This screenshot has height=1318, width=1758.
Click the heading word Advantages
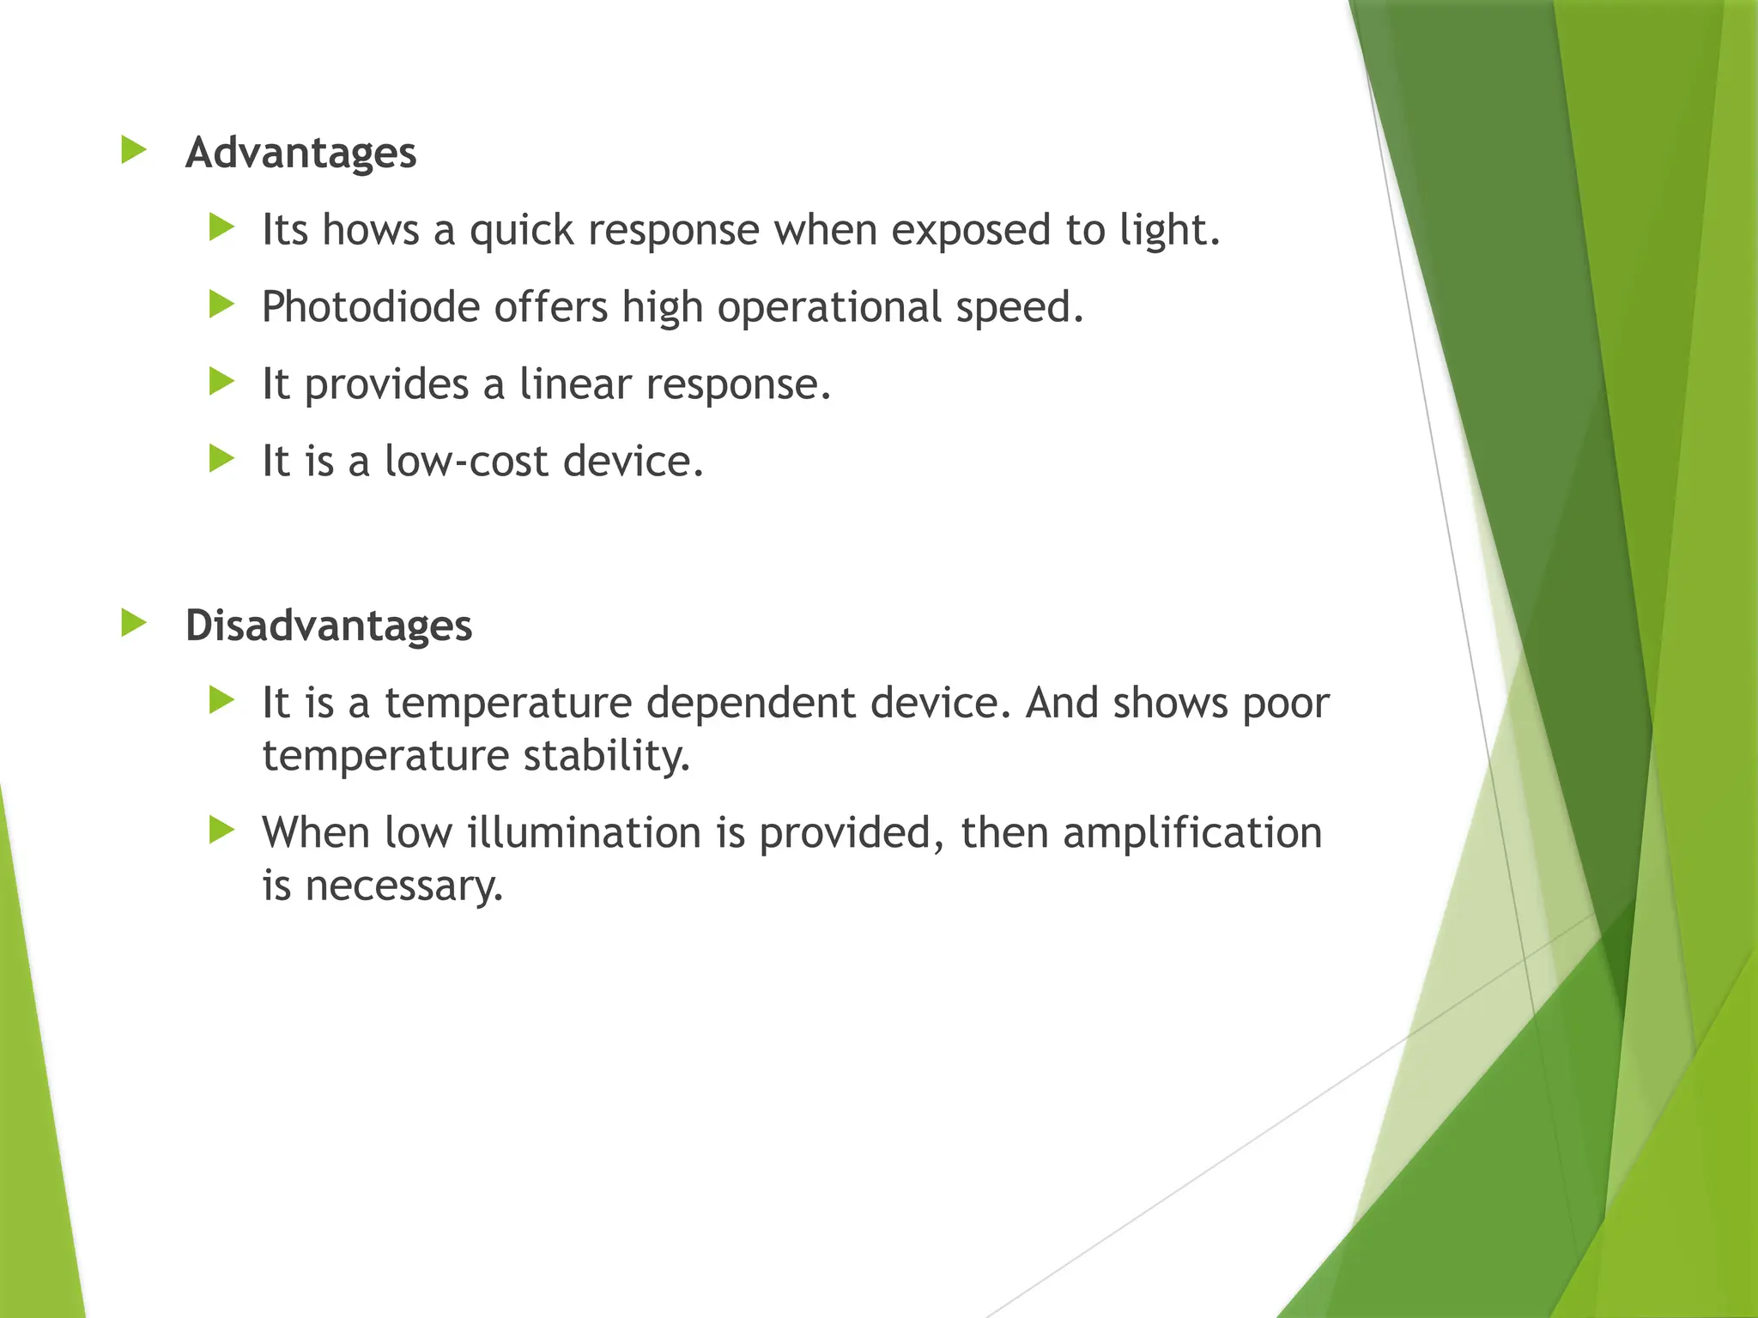300,154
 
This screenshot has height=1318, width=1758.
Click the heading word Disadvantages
328,626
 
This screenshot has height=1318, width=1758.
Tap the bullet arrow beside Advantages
134,150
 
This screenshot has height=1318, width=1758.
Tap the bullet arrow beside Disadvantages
134,622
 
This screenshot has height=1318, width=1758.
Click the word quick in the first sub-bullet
521,232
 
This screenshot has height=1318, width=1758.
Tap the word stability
606,757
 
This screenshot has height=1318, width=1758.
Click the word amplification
1192,833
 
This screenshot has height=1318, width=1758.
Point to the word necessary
403,886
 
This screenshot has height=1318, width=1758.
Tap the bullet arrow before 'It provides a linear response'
221,382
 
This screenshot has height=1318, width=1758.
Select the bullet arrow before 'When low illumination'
221,830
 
